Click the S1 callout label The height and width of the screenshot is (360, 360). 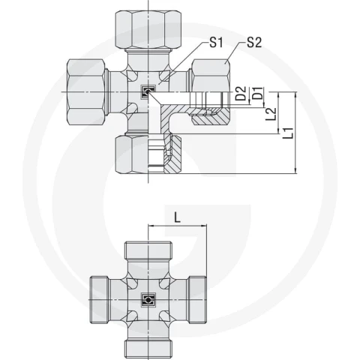click(216, 43)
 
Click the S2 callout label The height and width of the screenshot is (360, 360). click(254, 43)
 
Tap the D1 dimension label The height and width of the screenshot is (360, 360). click(258, 93)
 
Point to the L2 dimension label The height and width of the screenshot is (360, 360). click(271, 114)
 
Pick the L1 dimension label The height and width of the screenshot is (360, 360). click(288, 133)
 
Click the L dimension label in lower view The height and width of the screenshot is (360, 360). click(177, 217)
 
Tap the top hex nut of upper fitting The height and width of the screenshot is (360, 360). click(148, 29)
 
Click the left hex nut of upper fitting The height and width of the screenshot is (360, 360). click(85, 91)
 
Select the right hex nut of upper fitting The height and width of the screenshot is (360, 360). click(211, 75)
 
